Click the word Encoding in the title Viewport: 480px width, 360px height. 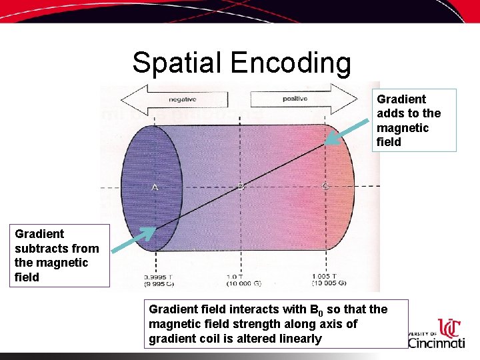pos(291,63)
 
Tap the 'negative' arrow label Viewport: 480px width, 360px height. pos(182,99)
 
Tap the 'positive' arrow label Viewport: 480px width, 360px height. pos(295,99)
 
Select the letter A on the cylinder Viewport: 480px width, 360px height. pos(155,187)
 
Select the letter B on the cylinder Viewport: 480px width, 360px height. pos(241,187)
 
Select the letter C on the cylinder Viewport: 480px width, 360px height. pos(325,187)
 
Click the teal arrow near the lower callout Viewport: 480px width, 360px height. pos(133,241)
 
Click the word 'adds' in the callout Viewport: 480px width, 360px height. pos(391,113)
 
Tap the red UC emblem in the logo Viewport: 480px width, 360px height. pos(451,327)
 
